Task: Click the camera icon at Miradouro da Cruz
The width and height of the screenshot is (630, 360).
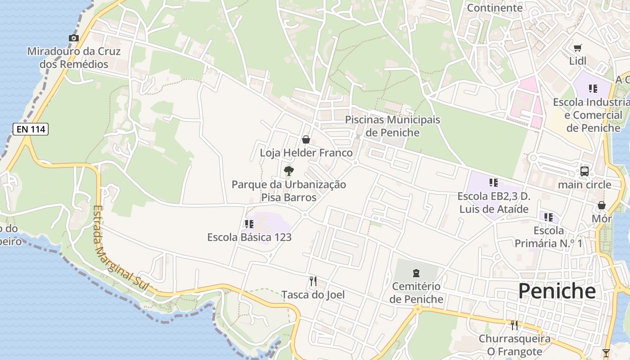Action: click(74, 38)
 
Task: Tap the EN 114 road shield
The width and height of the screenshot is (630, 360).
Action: click(30, 130)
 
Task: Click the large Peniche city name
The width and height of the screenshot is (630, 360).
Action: click(557, 292)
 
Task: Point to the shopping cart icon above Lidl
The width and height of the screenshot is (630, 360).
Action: click(578, 48)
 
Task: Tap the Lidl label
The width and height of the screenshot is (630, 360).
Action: click(578, 61)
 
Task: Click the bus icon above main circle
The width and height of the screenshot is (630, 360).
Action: click(584, 171)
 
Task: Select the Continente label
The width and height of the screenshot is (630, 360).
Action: click(495, 8)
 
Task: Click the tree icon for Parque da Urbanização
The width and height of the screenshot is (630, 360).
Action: click(289, 171)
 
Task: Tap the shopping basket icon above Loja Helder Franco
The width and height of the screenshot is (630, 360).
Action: click(306, 139)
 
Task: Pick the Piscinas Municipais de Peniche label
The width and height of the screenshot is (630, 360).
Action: click(392, 126)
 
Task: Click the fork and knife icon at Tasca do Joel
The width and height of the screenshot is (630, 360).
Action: click(313, 281)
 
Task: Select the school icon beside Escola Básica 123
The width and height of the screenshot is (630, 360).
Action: click(249, 224)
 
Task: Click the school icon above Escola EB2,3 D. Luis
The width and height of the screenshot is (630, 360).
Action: click(494, 183)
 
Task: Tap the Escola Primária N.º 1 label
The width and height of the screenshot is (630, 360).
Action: click(548, 237)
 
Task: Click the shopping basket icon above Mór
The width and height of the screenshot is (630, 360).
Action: click(602, 205)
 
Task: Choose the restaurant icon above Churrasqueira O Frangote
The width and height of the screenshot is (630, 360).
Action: click(514, 325)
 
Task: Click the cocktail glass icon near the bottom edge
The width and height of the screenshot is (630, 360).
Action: click(606, 353)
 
